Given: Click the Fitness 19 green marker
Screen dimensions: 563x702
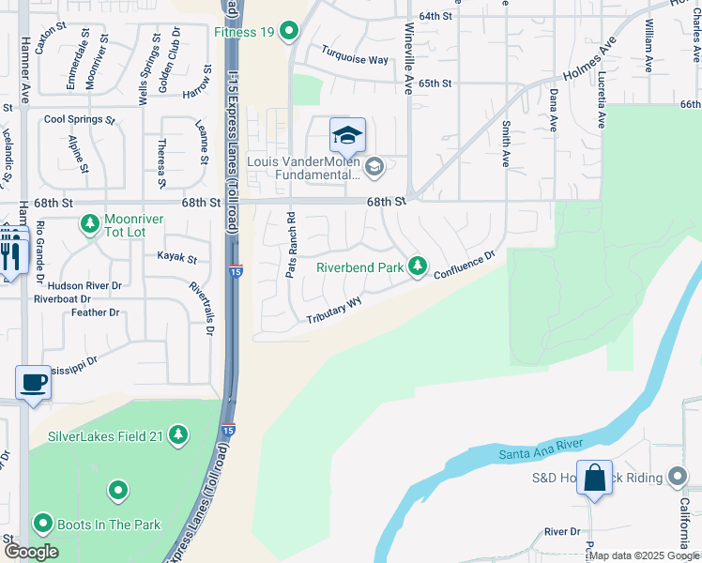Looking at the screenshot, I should click(289, 32).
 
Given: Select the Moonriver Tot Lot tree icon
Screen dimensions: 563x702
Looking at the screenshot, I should click(90, 223).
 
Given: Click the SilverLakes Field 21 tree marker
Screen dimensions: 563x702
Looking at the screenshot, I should click(178, 436).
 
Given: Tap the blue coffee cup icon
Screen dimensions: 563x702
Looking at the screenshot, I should click(33, 383).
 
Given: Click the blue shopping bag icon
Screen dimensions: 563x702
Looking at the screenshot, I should click(595, 478).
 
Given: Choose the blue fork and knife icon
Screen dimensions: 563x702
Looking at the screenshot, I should click(10, 251).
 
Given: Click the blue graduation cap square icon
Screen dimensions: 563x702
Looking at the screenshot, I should click(346, 137).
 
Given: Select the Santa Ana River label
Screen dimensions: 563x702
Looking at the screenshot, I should click(542, 448).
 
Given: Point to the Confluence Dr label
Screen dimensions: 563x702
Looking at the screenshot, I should click(464, 265).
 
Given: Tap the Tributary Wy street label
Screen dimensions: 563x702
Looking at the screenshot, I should click(334, 312).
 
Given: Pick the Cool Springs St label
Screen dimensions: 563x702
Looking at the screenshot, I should click(79, 120).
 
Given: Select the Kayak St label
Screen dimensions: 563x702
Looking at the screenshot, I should click(176, 257).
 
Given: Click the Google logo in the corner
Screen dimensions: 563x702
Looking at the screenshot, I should click(31, 552).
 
